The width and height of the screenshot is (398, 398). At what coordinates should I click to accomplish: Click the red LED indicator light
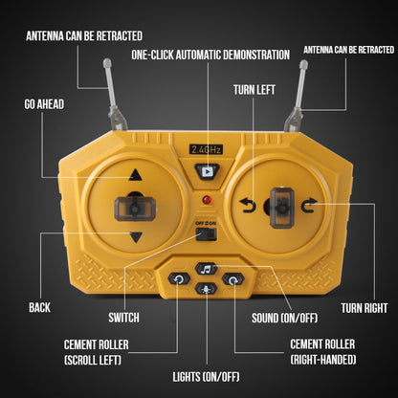pos(208,200)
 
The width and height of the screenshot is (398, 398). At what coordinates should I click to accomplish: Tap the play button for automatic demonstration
pos(207,172)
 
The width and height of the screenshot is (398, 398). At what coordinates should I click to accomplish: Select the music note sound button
pos(207,269)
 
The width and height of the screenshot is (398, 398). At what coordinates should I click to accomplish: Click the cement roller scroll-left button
pos(179,279)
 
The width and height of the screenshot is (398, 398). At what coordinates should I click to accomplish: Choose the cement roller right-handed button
pos(233,279)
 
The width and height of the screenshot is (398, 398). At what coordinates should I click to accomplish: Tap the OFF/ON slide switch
pos(207,234)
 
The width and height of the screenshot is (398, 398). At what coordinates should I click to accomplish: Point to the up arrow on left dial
pos(136,175)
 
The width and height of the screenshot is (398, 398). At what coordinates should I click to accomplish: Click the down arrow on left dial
pos(136,237)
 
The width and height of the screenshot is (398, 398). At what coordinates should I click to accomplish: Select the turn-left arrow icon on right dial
pos(248,205)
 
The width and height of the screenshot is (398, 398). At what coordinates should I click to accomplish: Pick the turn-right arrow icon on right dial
pos(309,205)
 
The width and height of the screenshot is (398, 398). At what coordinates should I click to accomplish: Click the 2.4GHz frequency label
pos(206,149)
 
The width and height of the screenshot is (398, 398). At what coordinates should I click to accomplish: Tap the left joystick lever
pos(135,209)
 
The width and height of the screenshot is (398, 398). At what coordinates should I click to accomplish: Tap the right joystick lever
pos(282,208)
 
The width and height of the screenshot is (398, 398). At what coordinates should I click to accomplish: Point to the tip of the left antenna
pos(107,61)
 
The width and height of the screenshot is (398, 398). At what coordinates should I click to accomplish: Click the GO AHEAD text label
pos(44,104)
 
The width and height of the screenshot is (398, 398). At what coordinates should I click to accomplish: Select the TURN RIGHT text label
pos(365,308)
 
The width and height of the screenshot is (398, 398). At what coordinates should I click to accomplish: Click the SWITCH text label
pos(123,318)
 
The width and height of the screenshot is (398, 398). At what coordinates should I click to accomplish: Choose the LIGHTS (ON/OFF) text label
pos(206,377)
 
